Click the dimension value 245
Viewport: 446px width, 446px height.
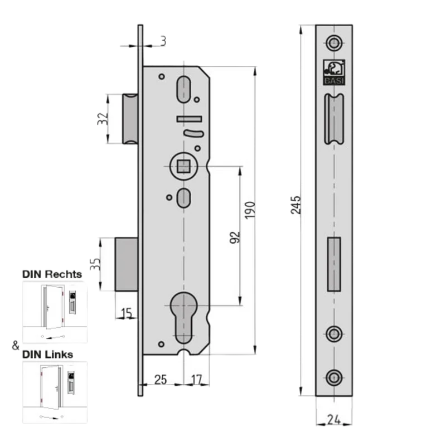click(x=295, y=205)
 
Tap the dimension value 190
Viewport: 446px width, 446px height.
click(x=250, y=210)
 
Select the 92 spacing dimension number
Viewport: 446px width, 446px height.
click(x=235, y=238)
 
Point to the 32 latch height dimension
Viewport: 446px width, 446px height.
click(x=103, y=119)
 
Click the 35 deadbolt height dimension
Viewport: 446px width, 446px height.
click(x=95, y=264)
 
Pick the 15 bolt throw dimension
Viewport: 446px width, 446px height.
click(x=127, y=313)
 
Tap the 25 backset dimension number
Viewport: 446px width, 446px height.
click(x=161, y=380)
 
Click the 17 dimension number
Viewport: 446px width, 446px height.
click(x=197, y=380)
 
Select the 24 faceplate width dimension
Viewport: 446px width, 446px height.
click(x=334, y=420)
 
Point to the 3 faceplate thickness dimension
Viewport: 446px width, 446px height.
click(x=163, y=41)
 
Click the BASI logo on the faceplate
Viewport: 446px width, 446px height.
click(x=334, y=72)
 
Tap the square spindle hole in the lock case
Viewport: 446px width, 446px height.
click(x=183, y=166)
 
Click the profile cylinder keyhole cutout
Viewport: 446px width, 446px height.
click(x=184, y=318)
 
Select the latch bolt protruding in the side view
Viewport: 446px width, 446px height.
click(x=130, y=119)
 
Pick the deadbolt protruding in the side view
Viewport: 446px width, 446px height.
click(x=127, y=264)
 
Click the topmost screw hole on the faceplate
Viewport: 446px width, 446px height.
click(x=334, y=43)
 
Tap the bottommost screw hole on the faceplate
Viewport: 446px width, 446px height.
click(x=334, y=378)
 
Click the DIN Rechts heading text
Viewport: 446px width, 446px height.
click(x=52, y=274)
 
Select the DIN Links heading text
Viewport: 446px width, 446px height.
click(x=48, y=355)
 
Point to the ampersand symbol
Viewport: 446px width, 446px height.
click(x=16, y=345)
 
